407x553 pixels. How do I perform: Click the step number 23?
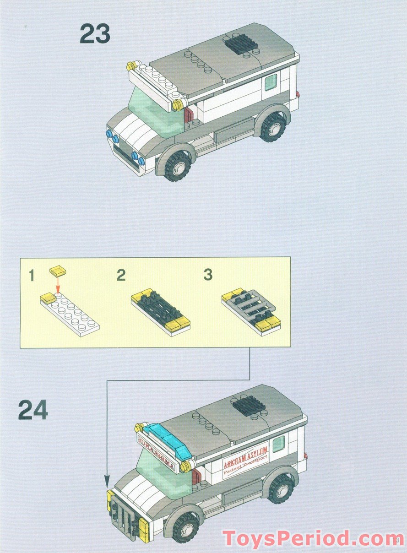(x=95, y=34)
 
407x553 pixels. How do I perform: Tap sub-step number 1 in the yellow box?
(x=32, y=276)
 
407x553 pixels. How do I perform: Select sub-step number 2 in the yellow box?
(x=121, y=275)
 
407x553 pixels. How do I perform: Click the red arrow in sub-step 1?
(x=58, y=285)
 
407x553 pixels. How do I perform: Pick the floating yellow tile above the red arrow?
(x=58, y=271)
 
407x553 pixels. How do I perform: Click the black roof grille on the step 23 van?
(x=242, y=44)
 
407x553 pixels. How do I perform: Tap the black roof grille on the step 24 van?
(x=249, y=405)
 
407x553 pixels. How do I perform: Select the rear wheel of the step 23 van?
(x=273, y=125)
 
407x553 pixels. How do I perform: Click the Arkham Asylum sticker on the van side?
(x=245, y=462)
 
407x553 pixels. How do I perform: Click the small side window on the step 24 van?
(x=278, y=443)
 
